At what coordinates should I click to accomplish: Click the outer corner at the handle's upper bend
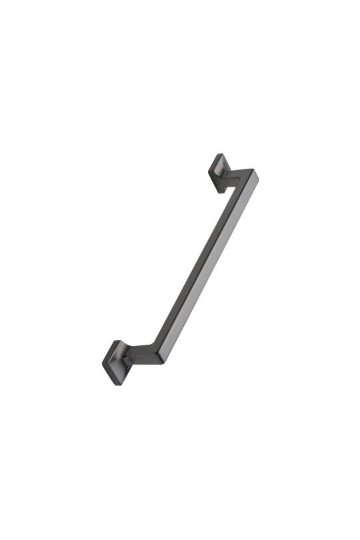[258, 174]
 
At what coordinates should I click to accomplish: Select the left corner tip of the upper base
[206, 171]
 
